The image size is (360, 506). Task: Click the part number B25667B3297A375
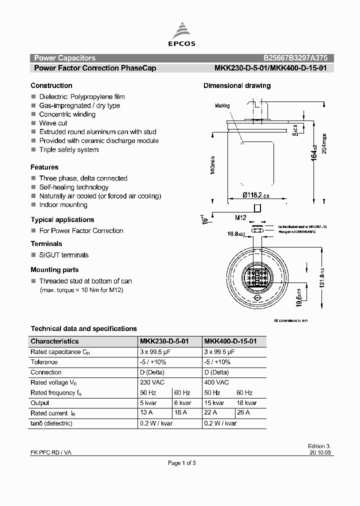pos(295,58)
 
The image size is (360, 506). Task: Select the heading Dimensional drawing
pos(236,85)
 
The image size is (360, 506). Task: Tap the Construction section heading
pos(51,85)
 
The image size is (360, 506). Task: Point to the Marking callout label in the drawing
pos(222,106)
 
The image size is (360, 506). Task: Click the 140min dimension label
pos(212,164)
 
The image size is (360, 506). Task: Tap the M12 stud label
pos(241,217)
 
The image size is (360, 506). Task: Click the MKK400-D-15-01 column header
pos(230,341)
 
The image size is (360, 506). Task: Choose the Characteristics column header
pos(54,341)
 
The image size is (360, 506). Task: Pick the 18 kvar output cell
pos(246,403)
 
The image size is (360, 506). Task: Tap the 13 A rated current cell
pos(147,413)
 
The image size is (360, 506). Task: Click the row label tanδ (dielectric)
pos(51,423)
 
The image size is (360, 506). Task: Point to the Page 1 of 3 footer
pos(182,463)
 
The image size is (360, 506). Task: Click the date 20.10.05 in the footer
pos(320,452)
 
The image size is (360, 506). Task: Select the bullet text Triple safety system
pos(69,149)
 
